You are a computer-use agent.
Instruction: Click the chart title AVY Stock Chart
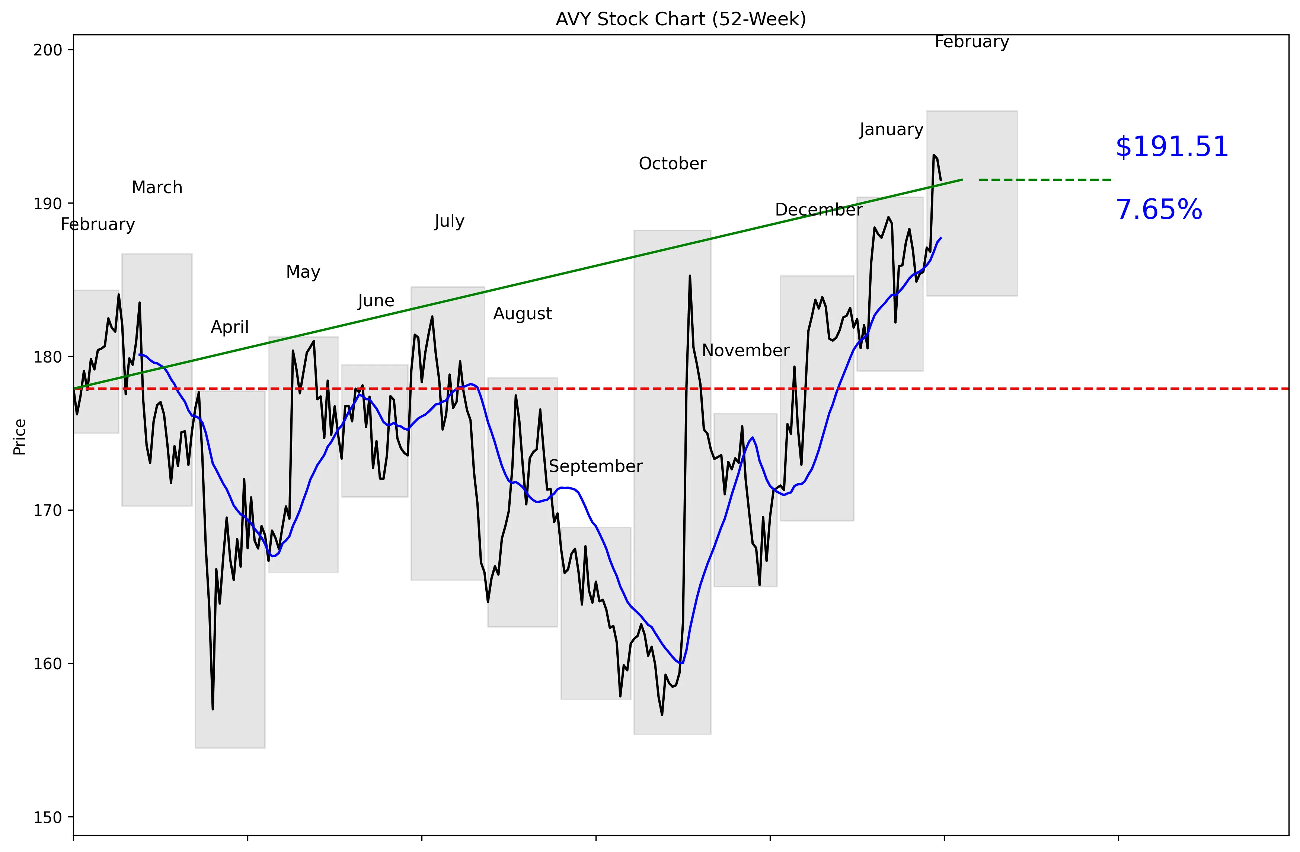(x=681, y=19)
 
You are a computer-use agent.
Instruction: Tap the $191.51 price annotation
(x=1172, y=147)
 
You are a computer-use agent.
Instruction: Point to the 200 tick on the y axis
(x=48, y=50)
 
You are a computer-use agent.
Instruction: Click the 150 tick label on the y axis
(x=48, y=818)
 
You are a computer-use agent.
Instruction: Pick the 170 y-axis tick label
(x=48, y=511)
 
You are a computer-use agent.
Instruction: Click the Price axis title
(x=20, y=437)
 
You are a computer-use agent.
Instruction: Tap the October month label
(x=673, y=164)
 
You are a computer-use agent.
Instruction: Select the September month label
(x=595, y=466)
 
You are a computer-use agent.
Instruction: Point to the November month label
(x=745, y=351)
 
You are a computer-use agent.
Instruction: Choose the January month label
(x=891, y=130)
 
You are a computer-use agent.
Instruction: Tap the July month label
(x=449, y=221)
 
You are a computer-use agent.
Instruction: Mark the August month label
(x=522, y=313)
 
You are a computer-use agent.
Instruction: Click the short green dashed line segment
(x=1046, y=180)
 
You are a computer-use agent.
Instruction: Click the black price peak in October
(x=690, y=276)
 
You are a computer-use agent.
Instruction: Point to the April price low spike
(x=213, y=708)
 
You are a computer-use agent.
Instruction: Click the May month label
(x=303, y=272)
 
